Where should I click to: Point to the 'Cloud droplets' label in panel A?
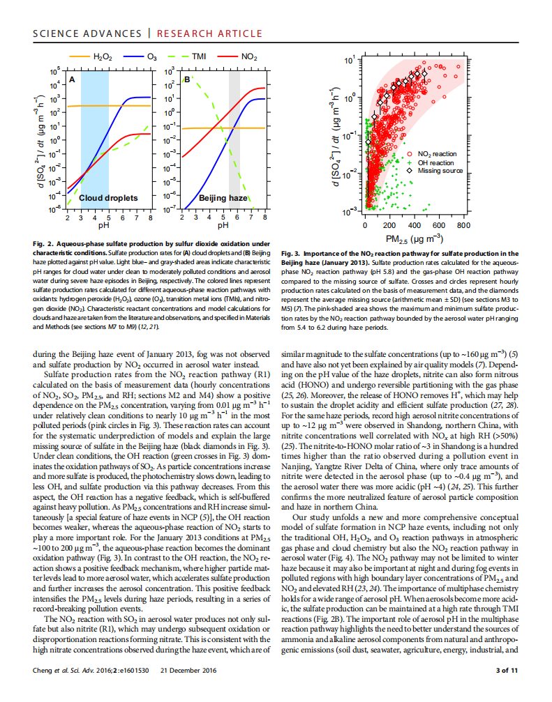coord(108,198)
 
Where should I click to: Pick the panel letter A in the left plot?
coord(72,80)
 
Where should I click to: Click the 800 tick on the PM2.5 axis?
coord(463,225)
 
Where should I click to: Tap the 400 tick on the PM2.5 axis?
coord(414,225)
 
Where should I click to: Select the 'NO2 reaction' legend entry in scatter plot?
coord(437,153)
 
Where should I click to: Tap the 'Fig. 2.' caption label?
coord(44,243)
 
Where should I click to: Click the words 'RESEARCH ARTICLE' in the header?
coord(209,33)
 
